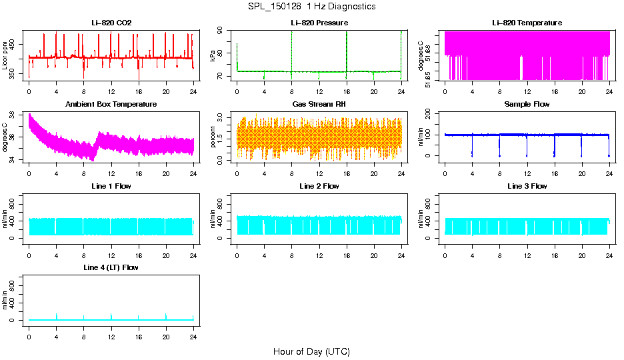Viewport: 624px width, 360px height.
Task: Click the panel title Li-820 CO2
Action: point(111,23)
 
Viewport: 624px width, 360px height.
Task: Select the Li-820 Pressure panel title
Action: point(319,23)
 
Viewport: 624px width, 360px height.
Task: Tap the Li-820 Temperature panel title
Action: point(527,23)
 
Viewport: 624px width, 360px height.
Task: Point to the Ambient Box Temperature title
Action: point(111,104)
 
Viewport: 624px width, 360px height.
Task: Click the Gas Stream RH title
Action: point(319,104)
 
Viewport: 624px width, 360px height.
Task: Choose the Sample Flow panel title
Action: point(527,104)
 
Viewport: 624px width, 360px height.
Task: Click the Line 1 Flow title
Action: point(111,186)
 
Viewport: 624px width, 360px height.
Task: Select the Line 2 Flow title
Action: point(319,186)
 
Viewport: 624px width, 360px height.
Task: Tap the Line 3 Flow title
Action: point(527,186)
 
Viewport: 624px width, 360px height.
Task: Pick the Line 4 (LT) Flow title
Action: point(111,267)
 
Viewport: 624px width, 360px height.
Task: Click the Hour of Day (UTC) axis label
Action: point(311,351)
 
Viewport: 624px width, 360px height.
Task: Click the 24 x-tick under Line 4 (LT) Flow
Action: point(193,337)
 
